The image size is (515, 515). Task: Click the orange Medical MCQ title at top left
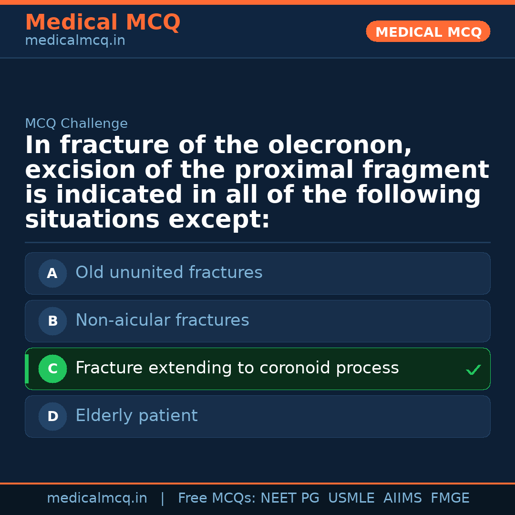103,22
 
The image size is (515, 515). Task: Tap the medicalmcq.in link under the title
75,41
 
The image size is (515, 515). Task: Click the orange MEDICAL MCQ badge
428,32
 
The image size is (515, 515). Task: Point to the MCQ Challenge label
76,124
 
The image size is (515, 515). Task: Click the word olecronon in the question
340,145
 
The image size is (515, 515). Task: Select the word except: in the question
219,220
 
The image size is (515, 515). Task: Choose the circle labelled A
52,274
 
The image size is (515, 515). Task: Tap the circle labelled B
52,321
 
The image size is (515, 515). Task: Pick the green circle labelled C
52,369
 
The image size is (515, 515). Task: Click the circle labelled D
52,417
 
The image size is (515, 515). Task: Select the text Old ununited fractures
169,273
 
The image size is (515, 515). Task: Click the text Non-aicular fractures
162,320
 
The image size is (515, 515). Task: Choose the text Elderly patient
136,416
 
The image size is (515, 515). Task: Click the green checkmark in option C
473,370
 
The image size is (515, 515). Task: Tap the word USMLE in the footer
351,498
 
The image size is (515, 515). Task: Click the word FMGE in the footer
450,498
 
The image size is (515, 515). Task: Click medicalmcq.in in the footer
97,498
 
